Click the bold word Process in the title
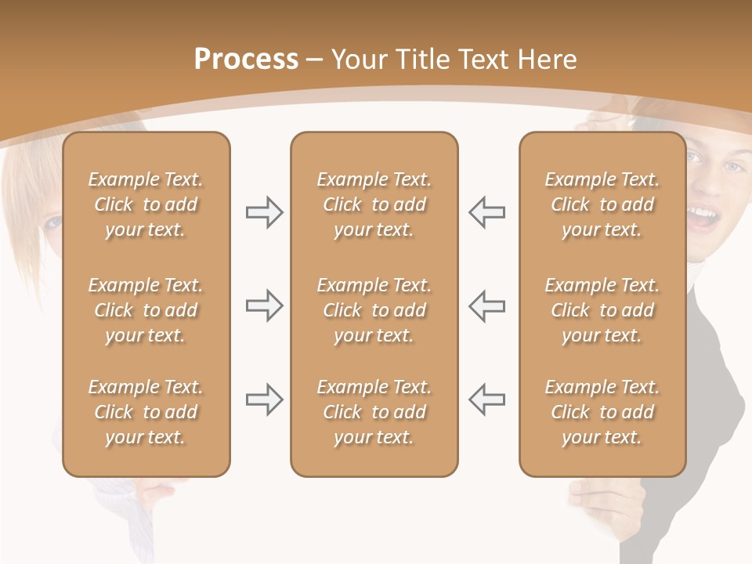(246, 60)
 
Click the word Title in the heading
(421, 60)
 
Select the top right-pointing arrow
(264, 212)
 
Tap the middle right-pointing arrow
(264, 305)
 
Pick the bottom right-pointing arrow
(264, 399)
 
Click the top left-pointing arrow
(487, 212)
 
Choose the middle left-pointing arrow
(487, 305)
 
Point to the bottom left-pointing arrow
(487, 399)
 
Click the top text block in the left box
(146, 204)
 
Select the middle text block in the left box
(146, 310)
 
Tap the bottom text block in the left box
(146, 412)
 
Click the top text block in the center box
(374, 204)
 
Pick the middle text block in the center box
(374, 310)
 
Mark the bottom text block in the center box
(374, 412)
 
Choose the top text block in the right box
(602, 204)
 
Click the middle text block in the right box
(602, 310)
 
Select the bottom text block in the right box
(602, 412)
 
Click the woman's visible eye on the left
(52, 222)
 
